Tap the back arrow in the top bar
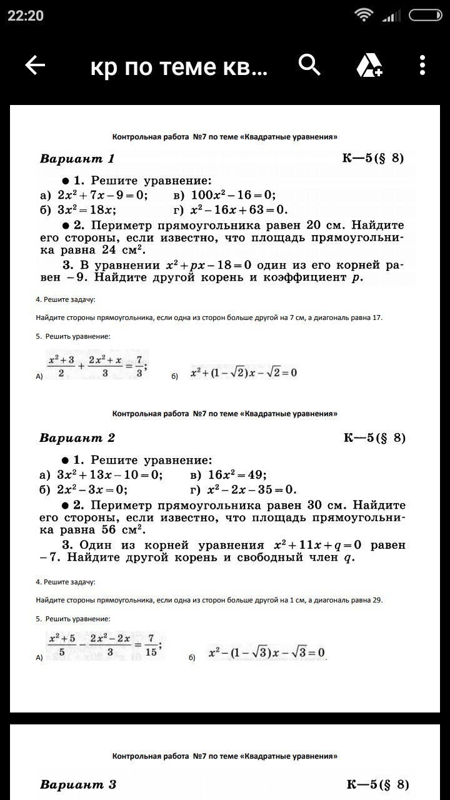point(35,65)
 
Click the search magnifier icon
point(309,64)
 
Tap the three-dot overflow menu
point(422,65)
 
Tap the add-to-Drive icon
point(369,65)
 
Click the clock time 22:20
point(26,16)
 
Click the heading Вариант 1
point(77,159)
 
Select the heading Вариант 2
point(77,437)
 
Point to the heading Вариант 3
point(78,784)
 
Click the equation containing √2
point(244,373)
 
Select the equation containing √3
point(267,653)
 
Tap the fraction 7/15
point(151,644)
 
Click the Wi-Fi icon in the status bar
point(362,16)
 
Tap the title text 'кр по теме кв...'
point(179,66)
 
